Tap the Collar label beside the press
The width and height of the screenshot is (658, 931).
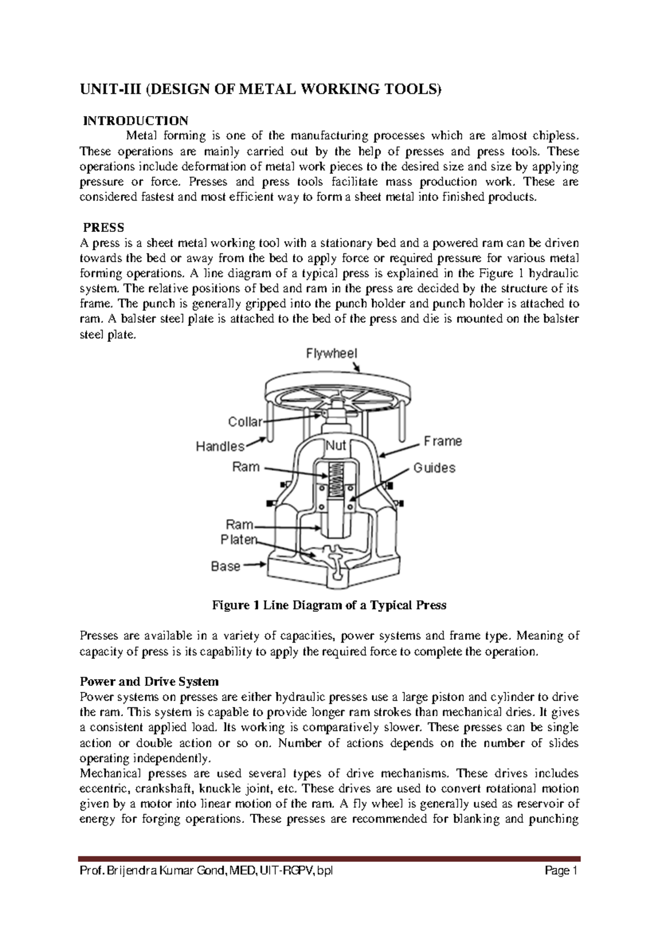[x=245, y=422]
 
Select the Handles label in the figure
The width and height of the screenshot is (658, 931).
[x=220, y=447]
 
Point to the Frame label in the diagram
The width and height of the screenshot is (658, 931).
[x=443, y=441]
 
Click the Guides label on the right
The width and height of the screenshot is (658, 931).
[x=434, y=468]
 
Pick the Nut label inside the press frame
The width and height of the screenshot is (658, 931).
[x=336, y=446]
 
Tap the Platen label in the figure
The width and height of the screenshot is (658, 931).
[x=239, y=540]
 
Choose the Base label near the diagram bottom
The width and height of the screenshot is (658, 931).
[x=226, y=566]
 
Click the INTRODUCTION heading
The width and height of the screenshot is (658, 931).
[x=135, y=120]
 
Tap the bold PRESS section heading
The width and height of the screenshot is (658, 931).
[x=103, y=227]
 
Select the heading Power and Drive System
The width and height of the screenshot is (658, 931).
[x=149, y=682]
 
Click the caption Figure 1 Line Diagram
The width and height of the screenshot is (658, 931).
[x=329, y=605]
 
